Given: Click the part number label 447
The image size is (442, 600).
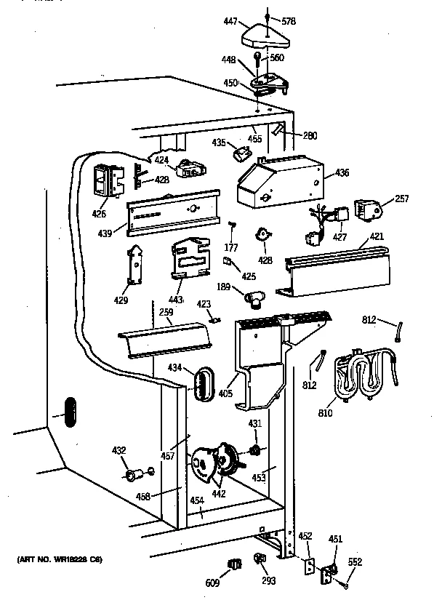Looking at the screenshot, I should [230, 23].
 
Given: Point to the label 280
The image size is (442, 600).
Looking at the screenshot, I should [310, 136].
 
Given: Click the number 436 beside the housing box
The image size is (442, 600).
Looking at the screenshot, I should [343, 173].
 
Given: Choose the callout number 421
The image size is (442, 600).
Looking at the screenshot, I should [377, 237].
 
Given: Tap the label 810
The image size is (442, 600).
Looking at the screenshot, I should [325, 414].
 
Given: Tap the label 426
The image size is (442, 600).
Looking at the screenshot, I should [99, 215].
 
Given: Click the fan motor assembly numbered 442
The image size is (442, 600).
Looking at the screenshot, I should [211, 464].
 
